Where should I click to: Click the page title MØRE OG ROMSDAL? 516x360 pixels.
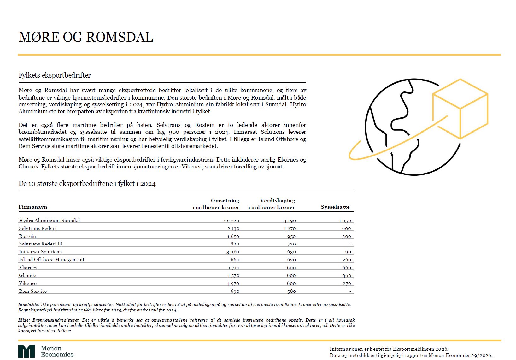pos(86,37)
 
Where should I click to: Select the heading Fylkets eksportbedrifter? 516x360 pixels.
pos(55,75)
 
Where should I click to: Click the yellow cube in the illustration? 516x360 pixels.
pos(460,109)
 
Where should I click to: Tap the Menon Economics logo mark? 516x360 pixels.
pos(26,351)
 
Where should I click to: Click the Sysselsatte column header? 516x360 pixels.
pos(335,207)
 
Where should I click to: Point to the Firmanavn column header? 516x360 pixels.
pos(33,207)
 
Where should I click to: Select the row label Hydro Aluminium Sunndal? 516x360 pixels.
pos(50,221)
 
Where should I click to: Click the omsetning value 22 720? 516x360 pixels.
pos(232,221)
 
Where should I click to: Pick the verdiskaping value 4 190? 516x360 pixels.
pos(290,221)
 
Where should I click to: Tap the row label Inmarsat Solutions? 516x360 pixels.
pos(40,252)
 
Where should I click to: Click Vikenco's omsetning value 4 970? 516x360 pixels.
pos(233,283)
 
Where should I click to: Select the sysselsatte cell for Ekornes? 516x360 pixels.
pos(346,268)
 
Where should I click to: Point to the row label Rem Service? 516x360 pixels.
pos(33,291)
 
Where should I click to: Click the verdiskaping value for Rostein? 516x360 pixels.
pos(291,236)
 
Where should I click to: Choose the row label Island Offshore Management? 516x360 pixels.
pos(52,260)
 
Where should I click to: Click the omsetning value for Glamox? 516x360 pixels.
pos(233,275)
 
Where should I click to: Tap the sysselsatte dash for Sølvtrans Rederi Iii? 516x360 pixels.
pos(350,244)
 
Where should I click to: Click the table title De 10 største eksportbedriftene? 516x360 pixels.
pos(87,184)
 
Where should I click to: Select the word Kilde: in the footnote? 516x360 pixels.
pos(24,320)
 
